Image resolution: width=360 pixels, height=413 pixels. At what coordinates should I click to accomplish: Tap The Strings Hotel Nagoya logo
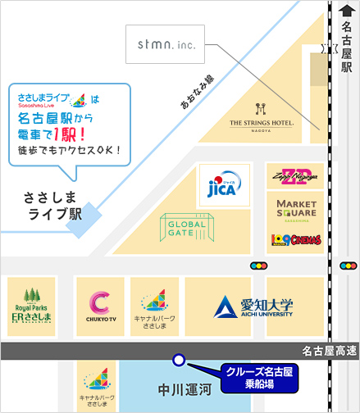261,116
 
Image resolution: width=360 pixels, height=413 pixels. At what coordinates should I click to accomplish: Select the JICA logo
220,186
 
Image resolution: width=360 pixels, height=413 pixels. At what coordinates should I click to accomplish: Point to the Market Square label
291,207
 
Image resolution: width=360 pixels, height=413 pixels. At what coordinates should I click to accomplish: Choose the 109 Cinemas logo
291,238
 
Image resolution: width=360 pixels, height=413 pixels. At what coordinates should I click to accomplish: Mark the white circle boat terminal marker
177,359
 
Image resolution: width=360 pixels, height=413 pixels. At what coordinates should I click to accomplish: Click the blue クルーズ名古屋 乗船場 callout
260,375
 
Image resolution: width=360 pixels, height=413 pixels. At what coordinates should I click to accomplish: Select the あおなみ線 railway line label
197,93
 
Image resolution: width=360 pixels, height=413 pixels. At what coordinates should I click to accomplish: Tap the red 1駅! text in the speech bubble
76,134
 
